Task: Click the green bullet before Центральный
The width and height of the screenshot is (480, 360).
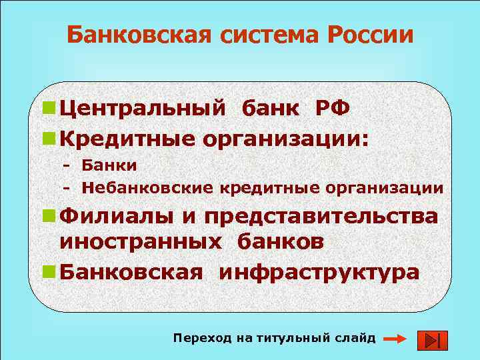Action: (x=47, y=109)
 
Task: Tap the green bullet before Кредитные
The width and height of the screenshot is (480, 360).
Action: (x=47, y=139)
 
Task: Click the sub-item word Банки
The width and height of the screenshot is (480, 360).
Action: (x=109, y=165)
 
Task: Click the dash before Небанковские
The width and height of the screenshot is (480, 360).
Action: (x=66, y=188)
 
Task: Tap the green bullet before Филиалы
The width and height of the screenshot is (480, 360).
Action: (x=47, y=216)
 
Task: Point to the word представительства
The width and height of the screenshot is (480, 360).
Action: (x=321, y=217)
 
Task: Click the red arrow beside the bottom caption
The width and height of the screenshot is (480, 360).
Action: (x=395, y=339)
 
